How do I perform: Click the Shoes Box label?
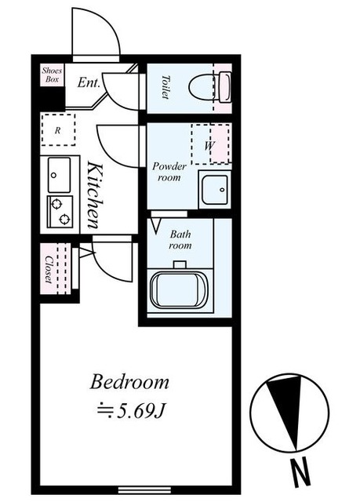pos(52,75)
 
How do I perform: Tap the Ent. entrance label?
pos(89,83)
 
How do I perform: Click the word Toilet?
pos(165,87)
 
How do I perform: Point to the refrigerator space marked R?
pos(58,130)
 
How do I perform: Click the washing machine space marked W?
pos(210,144)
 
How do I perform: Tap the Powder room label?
pos(169,172)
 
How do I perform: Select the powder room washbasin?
pos(214,190)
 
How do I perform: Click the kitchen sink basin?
pos(59,175)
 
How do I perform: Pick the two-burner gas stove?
pos(60,212)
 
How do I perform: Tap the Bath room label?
pos(180,240)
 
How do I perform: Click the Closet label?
pos(49,269)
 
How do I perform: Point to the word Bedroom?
pos(129,383)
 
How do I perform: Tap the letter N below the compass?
pos(301,471)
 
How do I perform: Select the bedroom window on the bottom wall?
pos(144,489)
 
